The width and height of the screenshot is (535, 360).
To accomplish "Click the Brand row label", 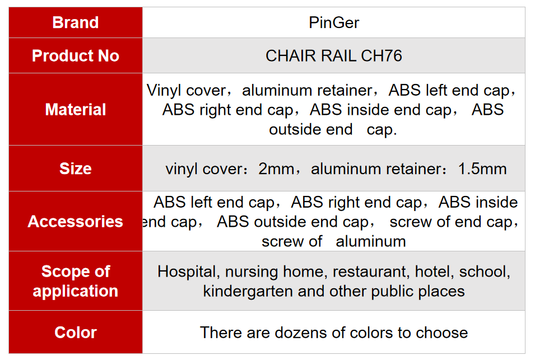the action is [76, 22].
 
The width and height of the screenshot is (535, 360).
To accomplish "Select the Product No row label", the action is [76, 55].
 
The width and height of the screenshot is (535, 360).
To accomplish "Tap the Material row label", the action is [76, 109].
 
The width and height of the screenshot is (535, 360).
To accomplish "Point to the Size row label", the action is [76, 169].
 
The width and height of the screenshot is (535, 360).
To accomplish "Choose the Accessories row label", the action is [76, 221].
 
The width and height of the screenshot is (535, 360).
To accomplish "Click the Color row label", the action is [76, 333].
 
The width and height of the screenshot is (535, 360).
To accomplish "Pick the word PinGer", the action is [334, 23].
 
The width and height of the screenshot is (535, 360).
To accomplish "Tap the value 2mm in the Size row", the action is [276, 169].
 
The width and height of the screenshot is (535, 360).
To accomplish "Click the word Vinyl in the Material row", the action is [164, 91].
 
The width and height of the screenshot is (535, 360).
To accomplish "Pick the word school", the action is [485, 272].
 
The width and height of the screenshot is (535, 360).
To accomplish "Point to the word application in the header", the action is [76, 292].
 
